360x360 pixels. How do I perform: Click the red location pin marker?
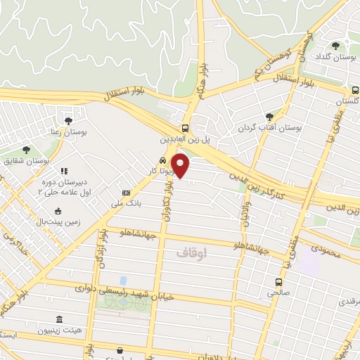click(181, 166)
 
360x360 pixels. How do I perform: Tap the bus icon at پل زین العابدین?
click(184, 129)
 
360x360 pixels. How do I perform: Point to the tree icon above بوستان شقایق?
click(26, 150)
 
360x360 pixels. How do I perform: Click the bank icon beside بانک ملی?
click(126, 193)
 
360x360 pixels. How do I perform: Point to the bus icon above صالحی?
click(278, 283)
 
